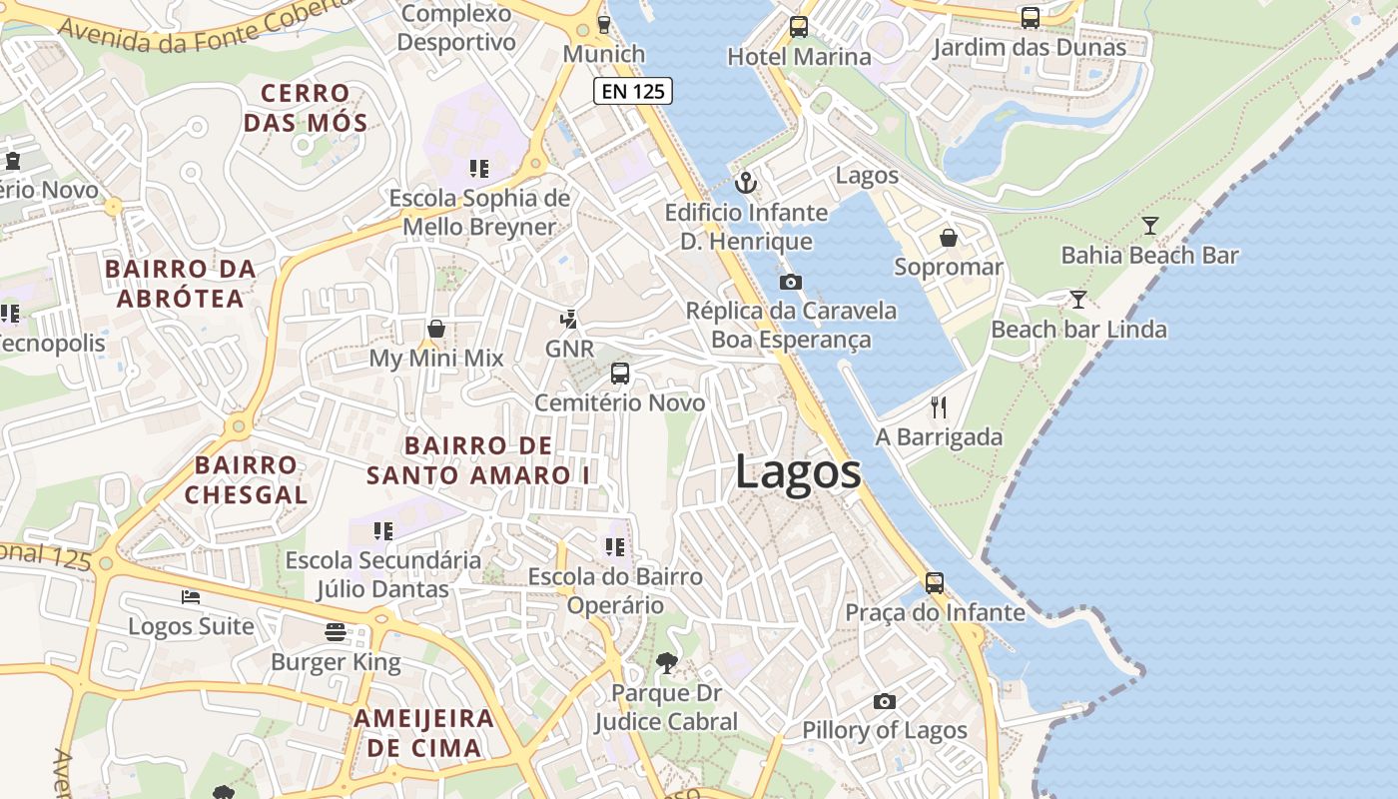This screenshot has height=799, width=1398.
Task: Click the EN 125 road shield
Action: pyautogui.click(x=633, y=92)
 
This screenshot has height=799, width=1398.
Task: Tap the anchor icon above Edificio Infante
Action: pyautogui.click(x=746, y=183)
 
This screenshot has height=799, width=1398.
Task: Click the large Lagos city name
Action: pyautogui.click(x=798, y=471)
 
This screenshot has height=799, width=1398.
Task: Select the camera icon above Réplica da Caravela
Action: pyautogui.click(x=790, y=282)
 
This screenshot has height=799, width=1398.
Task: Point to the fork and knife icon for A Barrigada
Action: pyautogui.click(x=938, y=406)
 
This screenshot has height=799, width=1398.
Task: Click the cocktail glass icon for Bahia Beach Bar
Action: pyautogui.click(x=1149, y=226)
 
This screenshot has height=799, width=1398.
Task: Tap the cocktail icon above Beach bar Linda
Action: pyautogui.click(x=1077, y=299)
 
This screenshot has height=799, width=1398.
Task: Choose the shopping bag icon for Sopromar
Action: pyautogui.click(x=948, y=238)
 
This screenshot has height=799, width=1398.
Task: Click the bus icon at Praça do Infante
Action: pyautogui.click(x=935, y=582)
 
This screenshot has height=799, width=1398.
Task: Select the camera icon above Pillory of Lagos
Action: pyautogui.click(x=884, y=701)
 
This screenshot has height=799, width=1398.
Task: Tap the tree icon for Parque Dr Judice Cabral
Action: pyautogui.click(x=666, y=662)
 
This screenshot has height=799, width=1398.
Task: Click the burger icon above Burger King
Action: pyautogui.click(x=336, y=631)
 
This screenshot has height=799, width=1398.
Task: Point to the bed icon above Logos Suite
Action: pyautogui.click(x=191, y=597)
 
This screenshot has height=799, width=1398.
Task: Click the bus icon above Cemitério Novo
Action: pyautogui.click(x=620, y=374)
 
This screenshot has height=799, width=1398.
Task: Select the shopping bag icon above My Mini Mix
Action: pyautogui.click(x=436, y=329)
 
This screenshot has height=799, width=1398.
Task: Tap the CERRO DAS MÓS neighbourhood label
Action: pyautogui.click(x=306, y=109)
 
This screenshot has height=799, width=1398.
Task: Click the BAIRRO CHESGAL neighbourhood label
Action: pyautogui.click(x=246, y=479)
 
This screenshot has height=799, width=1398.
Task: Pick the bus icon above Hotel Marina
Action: pyautogui.click(x=798, y=27)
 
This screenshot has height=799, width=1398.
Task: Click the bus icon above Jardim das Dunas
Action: pyautogui.click(x=1030, y=18)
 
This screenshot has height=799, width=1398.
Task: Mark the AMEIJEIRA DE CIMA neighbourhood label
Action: pyautogui.click(x=423, y=732)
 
